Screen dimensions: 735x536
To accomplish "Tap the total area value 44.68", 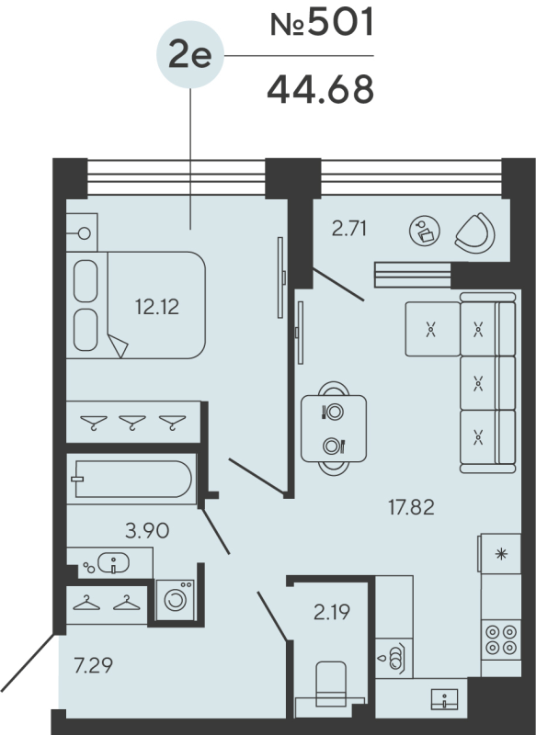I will [320, 90].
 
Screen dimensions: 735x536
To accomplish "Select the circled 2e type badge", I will [190, 56].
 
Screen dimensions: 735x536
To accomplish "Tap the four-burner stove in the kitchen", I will [500, 639].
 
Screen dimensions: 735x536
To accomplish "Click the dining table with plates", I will [334, 428].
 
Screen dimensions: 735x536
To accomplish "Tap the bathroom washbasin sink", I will [110, 561].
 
